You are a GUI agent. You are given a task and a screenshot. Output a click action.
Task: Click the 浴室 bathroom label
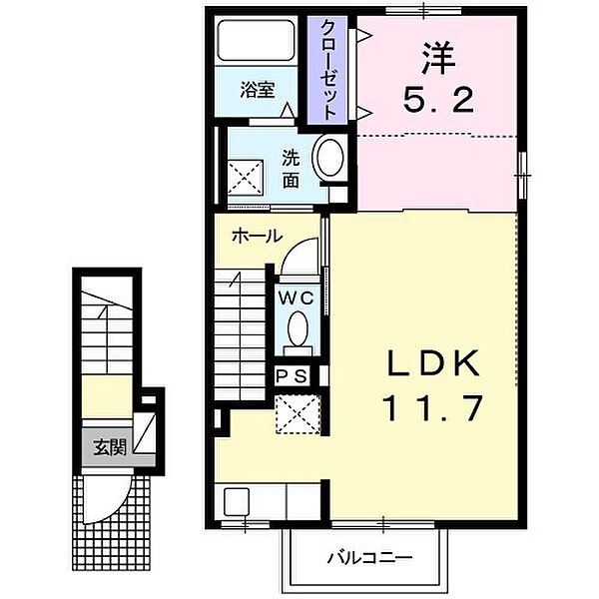click(258, 90)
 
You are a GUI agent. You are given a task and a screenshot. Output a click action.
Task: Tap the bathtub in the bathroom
click(257, 40)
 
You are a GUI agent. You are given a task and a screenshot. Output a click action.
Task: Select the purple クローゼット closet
click(327, 70)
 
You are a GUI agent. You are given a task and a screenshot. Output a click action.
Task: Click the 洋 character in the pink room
click(439, 59)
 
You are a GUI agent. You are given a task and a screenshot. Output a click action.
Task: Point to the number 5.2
click(438, 100)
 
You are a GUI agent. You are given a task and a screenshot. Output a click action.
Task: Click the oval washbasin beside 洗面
click(328, 158)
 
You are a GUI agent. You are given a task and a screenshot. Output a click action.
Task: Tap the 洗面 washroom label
click(292, 170)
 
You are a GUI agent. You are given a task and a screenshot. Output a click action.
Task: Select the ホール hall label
click(257, 236)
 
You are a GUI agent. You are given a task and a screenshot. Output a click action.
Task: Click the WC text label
click(297, 299)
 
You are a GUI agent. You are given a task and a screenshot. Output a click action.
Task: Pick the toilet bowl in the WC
click(298, 328)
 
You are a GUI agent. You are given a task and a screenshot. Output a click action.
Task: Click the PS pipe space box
click(292, 376)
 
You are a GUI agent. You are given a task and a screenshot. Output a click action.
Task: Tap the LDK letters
click(433, 363)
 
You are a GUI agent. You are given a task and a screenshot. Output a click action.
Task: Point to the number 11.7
click(433, 407)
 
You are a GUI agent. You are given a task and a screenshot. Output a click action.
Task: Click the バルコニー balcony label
click(369, 558)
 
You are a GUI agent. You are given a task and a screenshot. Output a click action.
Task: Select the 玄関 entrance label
click(110, 447)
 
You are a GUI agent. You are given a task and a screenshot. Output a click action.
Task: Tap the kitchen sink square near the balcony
click(237, 501)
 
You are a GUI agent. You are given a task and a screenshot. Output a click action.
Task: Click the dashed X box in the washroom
click(246, 178)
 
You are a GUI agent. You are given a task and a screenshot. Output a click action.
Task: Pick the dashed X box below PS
click(298, 414)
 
